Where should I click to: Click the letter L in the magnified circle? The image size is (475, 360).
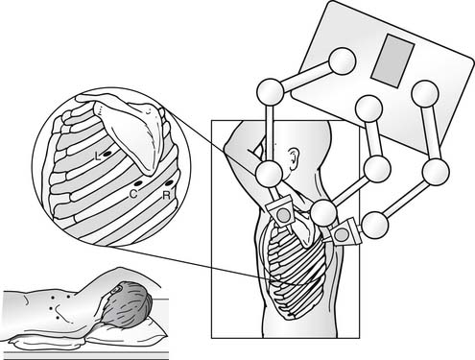(99, 156)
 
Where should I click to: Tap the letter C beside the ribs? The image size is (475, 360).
(134, 194)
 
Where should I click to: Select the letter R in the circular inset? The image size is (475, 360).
(167, 195)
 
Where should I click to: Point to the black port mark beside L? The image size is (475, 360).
(107, 155)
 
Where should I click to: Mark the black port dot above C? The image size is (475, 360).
(138, 183)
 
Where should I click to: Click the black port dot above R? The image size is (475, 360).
(169, 183)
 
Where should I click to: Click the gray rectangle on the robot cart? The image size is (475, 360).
(392, 60)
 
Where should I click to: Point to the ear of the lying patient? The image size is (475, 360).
(115, 291)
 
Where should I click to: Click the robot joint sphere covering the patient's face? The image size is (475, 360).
(269, 175)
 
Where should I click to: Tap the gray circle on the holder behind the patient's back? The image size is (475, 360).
(342, 235)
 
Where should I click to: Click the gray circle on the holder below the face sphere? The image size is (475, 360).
(283, 215)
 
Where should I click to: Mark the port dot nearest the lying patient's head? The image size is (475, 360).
(68, 297)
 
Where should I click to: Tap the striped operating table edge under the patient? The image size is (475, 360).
(85, 355)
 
